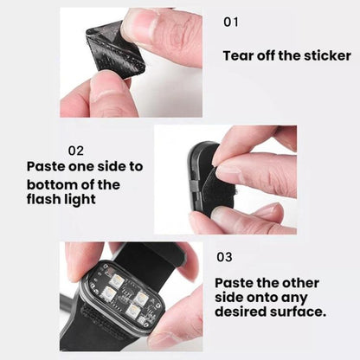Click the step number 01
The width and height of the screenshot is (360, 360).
(x=231, y=22)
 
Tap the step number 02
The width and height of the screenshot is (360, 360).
(x=76, y=151)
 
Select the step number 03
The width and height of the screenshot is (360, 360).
(x=224, y=257)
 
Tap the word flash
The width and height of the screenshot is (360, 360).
(x=43, y=199)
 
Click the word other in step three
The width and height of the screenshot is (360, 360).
(x=300, y=283)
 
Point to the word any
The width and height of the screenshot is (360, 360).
(x=294, y=299)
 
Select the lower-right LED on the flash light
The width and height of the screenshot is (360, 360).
(x=133, y=310)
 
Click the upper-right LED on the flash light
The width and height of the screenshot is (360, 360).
(x=142, y=296)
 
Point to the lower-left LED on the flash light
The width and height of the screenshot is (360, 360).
(x=110, y=292)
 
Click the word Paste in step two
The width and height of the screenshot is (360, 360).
(x=45, y=166)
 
